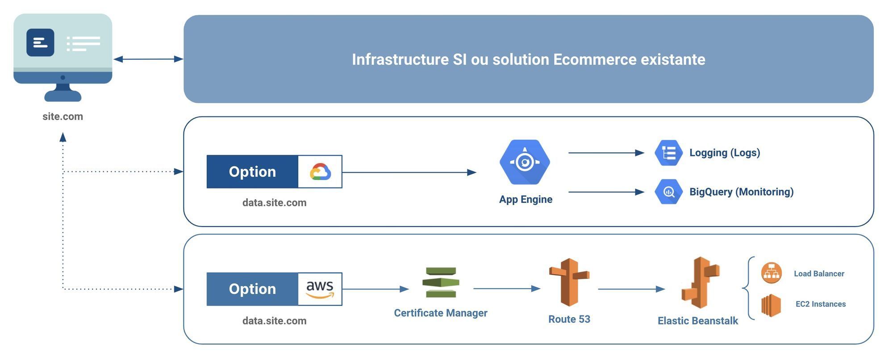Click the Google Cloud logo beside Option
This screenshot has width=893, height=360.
[x=320, y=172]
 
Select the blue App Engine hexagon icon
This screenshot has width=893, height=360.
[x=525, y=162]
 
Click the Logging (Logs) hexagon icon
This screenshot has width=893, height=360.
[x=668, y=153]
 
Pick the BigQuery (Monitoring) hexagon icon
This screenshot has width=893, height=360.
[x=668, y=192]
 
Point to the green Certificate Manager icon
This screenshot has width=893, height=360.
[x=441, y=282]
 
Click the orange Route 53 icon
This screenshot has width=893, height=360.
[x=569, y=282]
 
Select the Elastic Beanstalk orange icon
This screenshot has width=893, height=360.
[x=700, y=283]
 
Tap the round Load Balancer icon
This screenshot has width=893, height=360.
[x=771, y=273]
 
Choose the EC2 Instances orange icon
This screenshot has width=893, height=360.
[x=771, y=305]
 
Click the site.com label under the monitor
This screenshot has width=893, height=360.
[x=63, y=117]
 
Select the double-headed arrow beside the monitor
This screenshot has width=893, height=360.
[x=148, y=59]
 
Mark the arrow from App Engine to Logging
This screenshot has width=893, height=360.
[x=606, y=153]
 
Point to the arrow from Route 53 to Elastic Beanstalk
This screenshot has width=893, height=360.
[x=631, y=289]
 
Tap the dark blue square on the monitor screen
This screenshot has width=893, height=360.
[x=40, y=42]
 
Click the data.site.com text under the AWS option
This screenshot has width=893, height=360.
[x=274, y=321]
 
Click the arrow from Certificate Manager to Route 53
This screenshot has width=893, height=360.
[x=506, y=289]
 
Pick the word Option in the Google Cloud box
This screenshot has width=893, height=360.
[x=252, y=172]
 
